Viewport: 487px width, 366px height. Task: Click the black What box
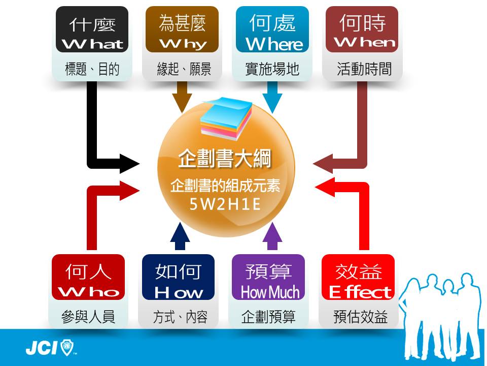[x=92, y=29]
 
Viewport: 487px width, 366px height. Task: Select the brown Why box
[x=182, y=29]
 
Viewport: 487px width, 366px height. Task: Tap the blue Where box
[x=272, y=29]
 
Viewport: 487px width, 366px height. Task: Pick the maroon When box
[x=362, y=29]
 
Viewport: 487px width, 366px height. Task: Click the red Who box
[x=88, y=277]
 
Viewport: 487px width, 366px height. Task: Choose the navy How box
[x=178, y=277]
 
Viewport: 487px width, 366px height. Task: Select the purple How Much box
[x=268, y=277]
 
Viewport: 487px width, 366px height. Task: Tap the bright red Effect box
[x=358, y=277]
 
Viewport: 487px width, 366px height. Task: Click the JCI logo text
[x=42, y=348]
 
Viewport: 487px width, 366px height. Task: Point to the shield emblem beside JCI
[x=67, y=347]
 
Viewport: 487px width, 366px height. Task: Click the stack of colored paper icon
[x=226, y=118]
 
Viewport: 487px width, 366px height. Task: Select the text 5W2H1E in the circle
[x=225, y=204]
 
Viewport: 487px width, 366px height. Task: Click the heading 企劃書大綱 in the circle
[x=225, y=159]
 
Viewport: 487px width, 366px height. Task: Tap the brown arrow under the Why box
[x=182, y=97]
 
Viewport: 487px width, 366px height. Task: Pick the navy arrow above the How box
[x=180, y=236]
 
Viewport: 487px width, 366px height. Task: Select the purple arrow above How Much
[x=272, y=236]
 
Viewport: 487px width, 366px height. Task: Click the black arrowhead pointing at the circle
[x=129, y=163]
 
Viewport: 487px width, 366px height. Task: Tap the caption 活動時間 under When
[x=364, y=69]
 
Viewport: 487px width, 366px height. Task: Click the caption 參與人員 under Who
[x=88, y=317]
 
